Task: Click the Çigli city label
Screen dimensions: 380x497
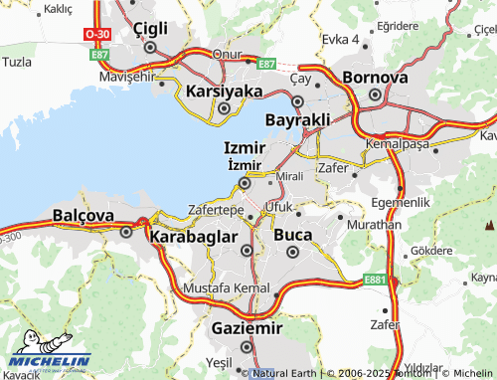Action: click(x=149, y=26)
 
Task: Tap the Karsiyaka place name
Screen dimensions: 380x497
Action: click(x=224, y=92)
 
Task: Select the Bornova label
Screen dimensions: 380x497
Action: click(x=375, y=77)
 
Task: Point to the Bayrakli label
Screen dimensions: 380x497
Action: click(x=297, y=119)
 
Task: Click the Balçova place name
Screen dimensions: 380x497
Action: click(x=83, y=215)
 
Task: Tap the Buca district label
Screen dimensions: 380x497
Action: click(x=292, y=235)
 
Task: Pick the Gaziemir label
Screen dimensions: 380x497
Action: click(x=247, y=327)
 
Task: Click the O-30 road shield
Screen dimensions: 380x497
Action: click(x=97, y=33)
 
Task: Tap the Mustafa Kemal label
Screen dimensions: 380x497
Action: click(x=227, y=288)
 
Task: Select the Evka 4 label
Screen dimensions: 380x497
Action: click(x=340, y=39)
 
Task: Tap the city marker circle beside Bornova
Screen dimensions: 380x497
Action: click(x=375, y=95)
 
